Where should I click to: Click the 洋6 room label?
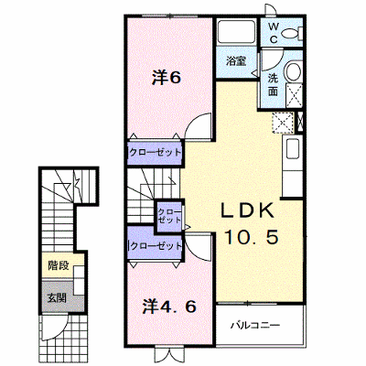point(167,78)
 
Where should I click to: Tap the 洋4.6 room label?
point(169,307)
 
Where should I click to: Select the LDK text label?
point(247,211)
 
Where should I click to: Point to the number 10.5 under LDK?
point(252,237)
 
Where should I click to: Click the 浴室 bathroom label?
point(236,61)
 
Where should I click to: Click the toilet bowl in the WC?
point(291,33)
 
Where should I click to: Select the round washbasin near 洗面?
point(294,71)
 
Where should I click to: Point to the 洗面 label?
point(273,85)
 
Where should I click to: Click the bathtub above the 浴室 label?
point(236,32)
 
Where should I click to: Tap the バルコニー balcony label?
point(255,325)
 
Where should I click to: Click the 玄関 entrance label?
point(57,297)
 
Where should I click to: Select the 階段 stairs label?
point(59,266)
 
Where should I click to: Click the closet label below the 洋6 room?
point(156,152)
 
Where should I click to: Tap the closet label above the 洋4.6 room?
point(156,245)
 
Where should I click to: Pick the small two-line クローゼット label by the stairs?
point(169,216)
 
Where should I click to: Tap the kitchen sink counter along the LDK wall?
point(292,167)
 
